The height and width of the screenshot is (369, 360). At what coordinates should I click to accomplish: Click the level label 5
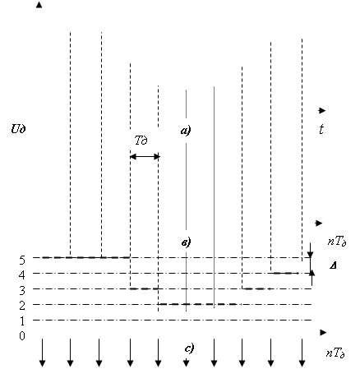(x=22, y=260)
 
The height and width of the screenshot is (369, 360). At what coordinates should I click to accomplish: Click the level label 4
(x=22, y=274)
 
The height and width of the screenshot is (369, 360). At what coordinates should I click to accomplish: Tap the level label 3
(x=22, y=290)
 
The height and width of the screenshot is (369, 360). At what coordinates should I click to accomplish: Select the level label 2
(x=22, y=306)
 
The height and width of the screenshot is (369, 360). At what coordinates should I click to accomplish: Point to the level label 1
(x=22, y=321)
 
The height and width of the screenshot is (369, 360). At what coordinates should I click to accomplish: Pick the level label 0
(x=22, y=335)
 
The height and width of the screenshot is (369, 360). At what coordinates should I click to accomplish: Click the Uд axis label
(x=18, y=128)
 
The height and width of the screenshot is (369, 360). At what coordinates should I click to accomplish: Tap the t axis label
(x=321, y=129)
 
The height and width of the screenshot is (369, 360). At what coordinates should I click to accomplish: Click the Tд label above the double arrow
(x=141, y=141)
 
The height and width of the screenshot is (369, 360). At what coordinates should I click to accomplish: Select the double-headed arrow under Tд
(x=145, y=157)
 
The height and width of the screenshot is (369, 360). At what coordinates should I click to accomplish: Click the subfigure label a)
(x=186, y=131)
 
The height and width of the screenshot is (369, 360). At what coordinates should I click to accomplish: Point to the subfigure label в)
(x=187, y=242)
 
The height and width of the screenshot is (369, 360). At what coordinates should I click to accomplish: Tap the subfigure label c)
(x=189, y=348)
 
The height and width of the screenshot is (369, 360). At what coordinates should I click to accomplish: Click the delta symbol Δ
(x=333, y=265)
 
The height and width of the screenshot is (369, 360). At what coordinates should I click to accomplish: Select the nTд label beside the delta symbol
(x=337, y=242)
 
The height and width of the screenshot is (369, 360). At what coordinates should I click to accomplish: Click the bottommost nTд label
(x=335, y=353)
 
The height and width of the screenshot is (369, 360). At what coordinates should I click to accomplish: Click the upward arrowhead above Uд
(x=39, y=5)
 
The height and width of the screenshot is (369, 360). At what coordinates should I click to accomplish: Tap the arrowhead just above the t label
(x=322, y=111)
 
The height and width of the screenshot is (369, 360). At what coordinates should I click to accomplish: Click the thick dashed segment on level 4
(x=285, y=273)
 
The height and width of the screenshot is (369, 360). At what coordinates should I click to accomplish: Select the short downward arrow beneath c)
(x=187, y=362)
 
